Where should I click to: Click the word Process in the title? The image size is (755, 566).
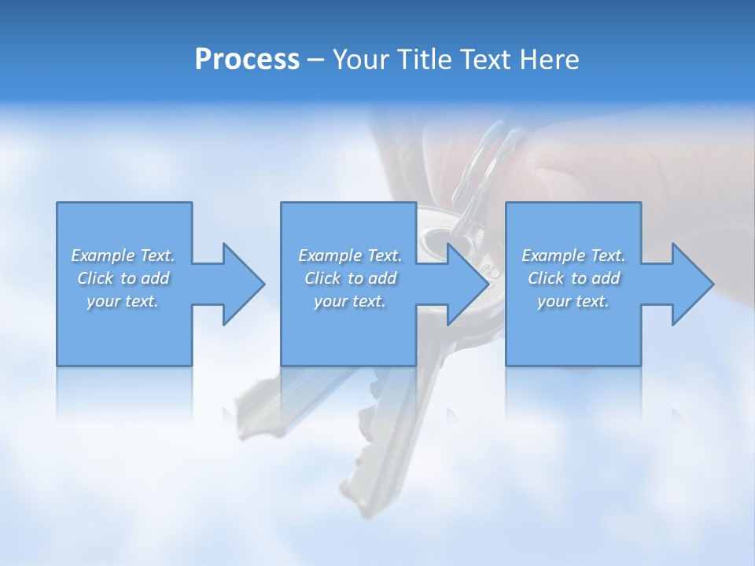pyautogui.click(x=247, y=60)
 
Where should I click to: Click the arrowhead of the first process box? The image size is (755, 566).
pyautogui.click(x=241, y=284)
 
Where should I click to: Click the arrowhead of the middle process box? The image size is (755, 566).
pyautogui.click(x=466, y=284)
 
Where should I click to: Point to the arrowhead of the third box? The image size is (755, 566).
pyautogui.click(x=691, y=284)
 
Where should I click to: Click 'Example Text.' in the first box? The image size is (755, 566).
pyautogui.click(x=123, y=255)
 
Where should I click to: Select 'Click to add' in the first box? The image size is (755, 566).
pyautogui.click(x=123, y=278)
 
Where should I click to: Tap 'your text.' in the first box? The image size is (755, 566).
pyautogui.click(x=123, y=301)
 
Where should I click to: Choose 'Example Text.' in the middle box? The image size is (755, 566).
pyautogui.click(x=350, y=255)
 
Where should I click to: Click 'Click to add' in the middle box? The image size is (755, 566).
pyautogui.click(x=350, y=278)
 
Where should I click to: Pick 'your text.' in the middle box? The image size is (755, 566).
pyautogui.click(x=350, y=301)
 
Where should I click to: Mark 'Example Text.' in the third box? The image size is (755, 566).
pyautogui.click(x=573, y=255)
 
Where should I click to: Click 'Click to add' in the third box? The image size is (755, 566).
pyautogui.click(x=573, y=278)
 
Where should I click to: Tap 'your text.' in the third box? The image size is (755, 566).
pyautogui.click(x=573, y=301)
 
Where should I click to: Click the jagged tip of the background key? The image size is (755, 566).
pyautogui.click(x=362, y=503)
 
